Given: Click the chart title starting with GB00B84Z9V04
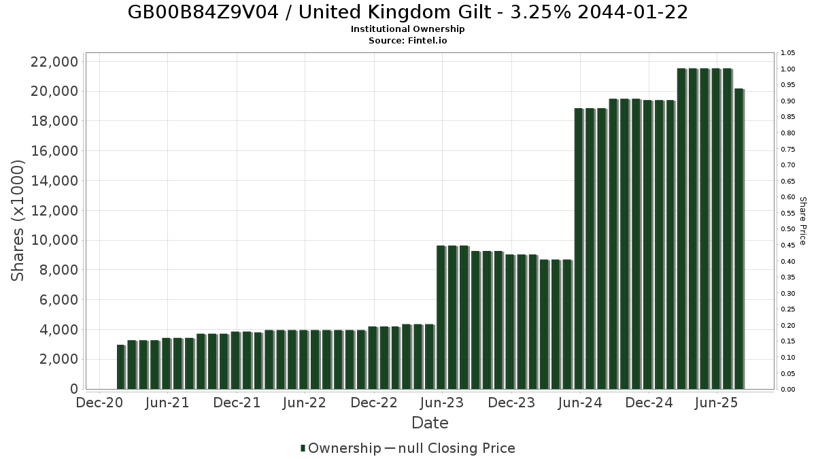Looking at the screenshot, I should (407, 12).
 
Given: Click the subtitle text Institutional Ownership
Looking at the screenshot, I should (407, 29).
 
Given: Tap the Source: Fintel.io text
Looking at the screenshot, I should (407, 40).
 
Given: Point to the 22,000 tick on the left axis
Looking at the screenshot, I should (54, 62).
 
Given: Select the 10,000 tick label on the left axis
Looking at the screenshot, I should (54, 240).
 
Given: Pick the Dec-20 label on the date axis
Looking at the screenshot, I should (99, 403).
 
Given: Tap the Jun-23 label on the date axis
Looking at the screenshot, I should (442, 403).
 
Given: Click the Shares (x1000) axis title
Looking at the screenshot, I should (18, 220).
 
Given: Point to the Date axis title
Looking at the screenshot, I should (430, 423).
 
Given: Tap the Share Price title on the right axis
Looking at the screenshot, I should (802, 220).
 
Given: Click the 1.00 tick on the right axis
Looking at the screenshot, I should (788, 69).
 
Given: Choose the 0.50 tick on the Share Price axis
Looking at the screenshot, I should (788, 229).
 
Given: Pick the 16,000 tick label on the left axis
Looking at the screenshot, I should (54, 151).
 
